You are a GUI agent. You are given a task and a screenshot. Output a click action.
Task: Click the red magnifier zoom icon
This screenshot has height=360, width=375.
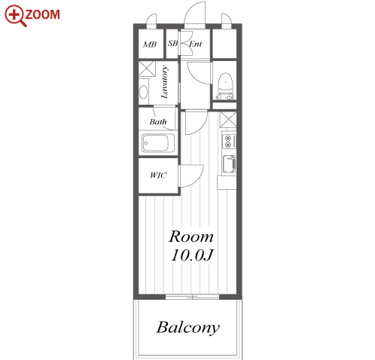click(15, 15)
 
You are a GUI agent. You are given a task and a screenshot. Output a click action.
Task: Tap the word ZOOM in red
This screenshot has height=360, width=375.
click(43, 14)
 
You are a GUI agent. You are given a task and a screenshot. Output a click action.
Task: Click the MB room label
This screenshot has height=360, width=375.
click(150, 44)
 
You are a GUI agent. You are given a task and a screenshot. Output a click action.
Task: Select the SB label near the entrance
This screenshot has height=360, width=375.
click(172, 43)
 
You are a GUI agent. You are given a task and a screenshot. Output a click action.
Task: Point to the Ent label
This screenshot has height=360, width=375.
click(196, 44)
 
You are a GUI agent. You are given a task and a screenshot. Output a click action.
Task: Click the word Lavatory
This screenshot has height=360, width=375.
click(164, 82)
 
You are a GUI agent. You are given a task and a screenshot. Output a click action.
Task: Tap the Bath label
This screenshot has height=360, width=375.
click(158, 122)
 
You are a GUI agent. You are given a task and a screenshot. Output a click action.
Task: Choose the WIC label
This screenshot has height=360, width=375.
click(158, 175)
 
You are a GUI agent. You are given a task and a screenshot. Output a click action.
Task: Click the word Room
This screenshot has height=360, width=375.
click(191, 236)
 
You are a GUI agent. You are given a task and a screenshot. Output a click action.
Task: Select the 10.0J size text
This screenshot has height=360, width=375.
click(192, 255)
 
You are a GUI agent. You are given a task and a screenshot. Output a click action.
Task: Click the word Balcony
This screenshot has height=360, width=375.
click(187, 328)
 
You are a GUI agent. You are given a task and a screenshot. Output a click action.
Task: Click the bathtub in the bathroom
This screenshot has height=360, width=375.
click(158, 143)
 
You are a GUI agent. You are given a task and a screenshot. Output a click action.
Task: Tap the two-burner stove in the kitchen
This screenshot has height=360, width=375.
click(229, 141)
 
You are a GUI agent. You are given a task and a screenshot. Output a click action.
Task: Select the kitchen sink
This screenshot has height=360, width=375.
click(229, 164)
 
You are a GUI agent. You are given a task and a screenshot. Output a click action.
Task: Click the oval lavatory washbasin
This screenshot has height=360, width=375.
click(143, 92)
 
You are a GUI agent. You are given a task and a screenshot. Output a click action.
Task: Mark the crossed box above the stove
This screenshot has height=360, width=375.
click(228, 120)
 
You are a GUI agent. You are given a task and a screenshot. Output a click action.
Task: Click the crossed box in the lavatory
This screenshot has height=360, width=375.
click(147, 68)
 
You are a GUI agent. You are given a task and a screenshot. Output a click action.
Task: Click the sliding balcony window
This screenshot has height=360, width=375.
click(192, 297)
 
